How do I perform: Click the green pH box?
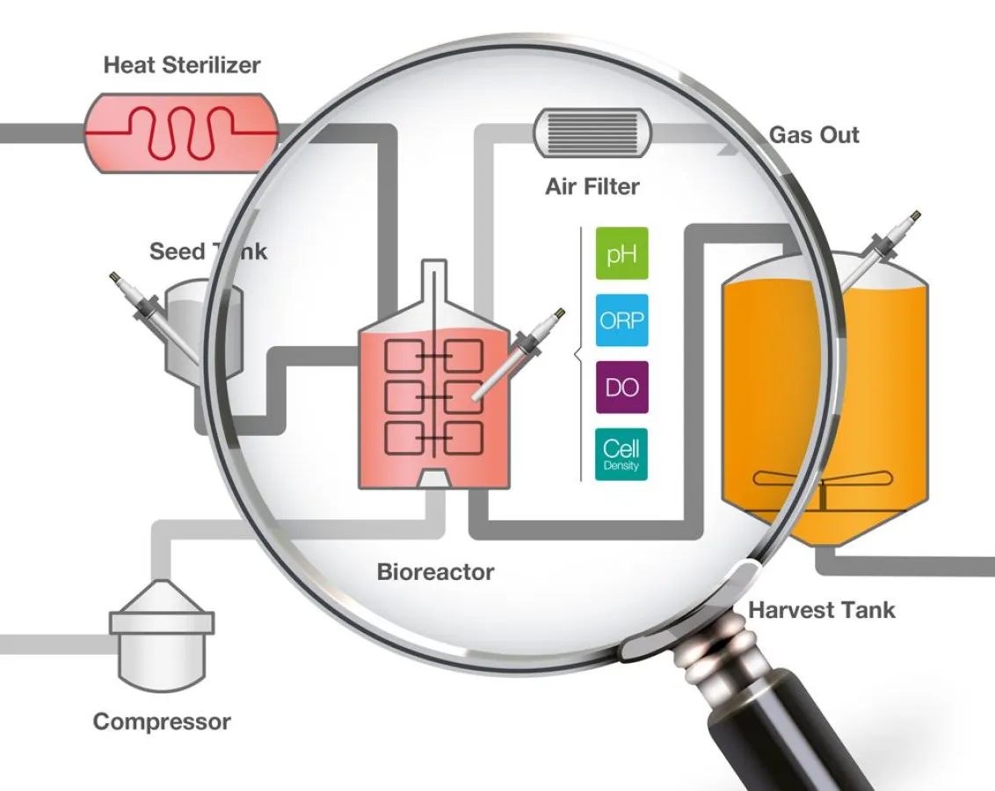[621, 254]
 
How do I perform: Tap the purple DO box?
[621, 387]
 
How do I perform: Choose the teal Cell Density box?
[621, 454]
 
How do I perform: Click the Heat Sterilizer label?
[182, 65]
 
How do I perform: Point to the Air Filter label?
[592, 186]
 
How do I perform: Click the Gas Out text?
[814, 135]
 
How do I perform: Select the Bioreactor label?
[435, 572]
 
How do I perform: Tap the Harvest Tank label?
[821, 610]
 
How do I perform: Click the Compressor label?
[162, 722]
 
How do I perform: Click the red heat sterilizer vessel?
[181, 132]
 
